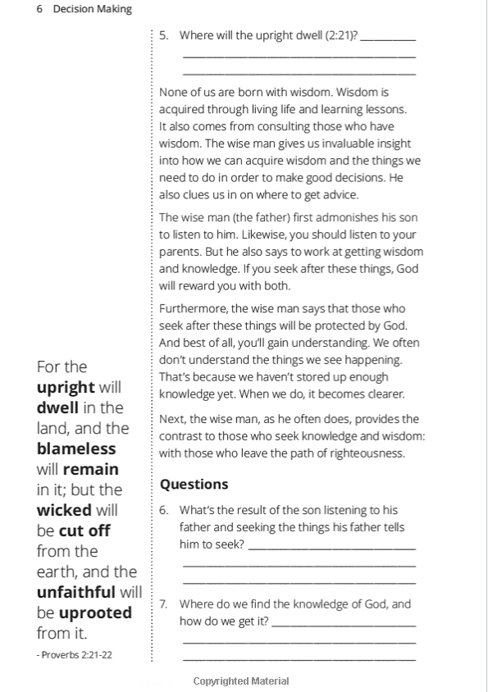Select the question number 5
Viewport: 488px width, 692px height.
pos(163,35)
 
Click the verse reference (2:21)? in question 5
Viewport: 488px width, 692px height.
pos(341,35)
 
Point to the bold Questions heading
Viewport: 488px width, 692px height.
pos(194,484)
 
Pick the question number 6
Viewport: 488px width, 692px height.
pos(163,510)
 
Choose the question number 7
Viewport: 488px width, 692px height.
pos(163,604)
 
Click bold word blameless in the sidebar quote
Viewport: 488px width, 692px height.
pos(76,448)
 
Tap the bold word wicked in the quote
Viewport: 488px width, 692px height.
pos(64,510)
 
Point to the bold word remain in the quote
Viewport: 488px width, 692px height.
pos(90,469)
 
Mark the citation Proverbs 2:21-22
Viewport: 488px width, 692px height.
pos(75,654)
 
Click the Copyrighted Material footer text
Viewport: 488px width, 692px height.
pos(241,681)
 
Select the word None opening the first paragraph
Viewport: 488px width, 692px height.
pos(174,93)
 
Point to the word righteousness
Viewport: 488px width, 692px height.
pos(363,453)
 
